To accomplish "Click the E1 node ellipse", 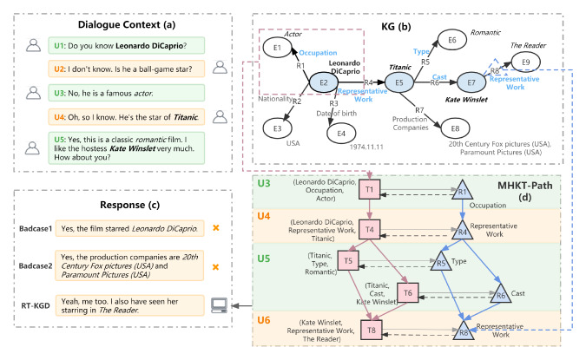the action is pyautogui.click(x=277, y=48).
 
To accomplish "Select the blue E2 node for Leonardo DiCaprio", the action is pyautogui.click(x=324, y=82).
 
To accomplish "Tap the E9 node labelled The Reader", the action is pyautogui.click(x=525, y=62).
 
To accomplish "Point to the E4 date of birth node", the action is pyautogui.click(x=341, y=134).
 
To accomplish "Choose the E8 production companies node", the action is pyautogui.click(x=455, y=128).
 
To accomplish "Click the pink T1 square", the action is pyautogui.click(x=370, y=189).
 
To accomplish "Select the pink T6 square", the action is pyautogui.click(x=408, y=293).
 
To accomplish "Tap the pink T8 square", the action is pyautogui.click(x=372, y=330).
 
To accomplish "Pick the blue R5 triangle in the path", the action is pyautogui.click(x=441, y=260).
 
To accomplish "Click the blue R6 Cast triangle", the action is pyautogui.click(x=501, y=294).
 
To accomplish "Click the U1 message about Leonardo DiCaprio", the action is pyautogui.click(x=127, y=46).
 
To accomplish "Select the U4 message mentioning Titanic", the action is pyautogui.click(x=127, y=117).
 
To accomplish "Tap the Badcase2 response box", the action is pyautogui.click(x=129, y=265).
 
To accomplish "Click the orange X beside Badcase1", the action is pyautogui.click(x=215, y=227).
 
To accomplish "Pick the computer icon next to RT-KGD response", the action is pyautogui.click(x=219, y=305).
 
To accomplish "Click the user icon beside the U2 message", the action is pyautogui.click(x=220, y=67).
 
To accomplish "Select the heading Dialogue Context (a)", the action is pyautogui.click(x=127, y=24).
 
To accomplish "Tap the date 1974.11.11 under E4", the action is pyautogui.click(x=366, y=147).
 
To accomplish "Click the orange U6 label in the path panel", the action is pyautogui.click(x=263, y=320).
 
